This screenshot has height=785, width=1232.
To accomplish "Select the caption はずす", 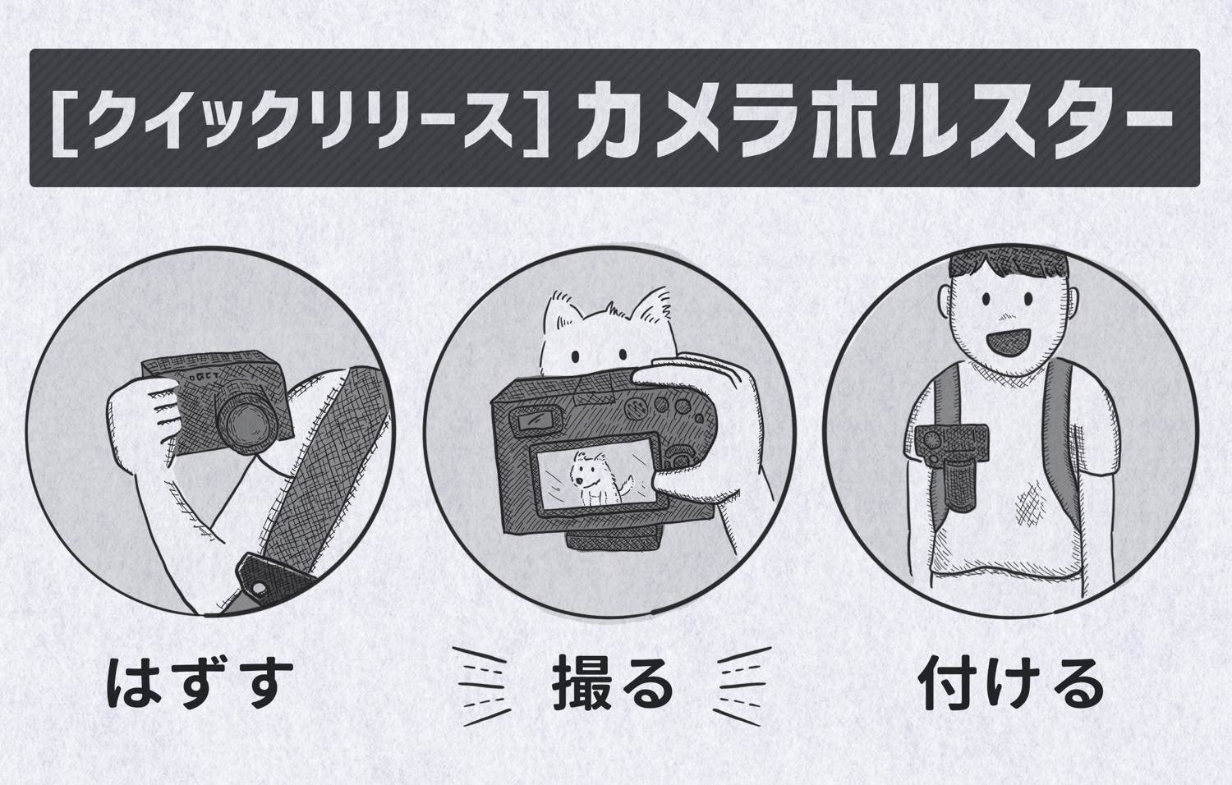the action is pyautogui.click(x=200, y=684).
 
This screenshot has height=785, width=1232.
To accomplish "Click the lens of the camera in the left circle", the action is pyautogui.click(x=246, y=420).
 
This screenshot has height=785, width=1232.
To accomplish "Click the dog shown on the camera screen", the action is pyautogui.click(x=597, y=477).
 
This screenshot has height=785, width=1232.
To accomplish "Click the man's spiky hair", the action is pyautogui.click(x=1009, y=267).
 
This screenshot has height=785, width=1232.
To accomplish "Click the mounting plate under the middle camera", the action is pyautogui.click(x=614, y=537).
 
